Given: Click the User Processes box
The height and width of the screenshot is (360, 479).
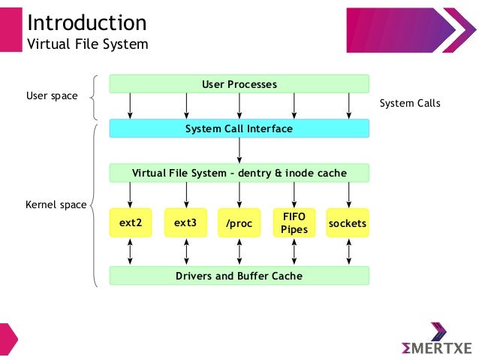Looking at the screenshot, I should [239, 84].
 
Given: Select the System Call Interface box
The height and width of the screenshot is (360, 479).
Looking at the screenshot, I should [239, 129].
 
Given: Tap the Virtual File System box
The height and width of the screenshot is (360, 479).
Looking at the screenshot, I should [239, 173].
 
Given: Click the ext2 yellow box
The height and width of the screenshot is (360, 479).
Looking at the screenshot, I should [131, 223].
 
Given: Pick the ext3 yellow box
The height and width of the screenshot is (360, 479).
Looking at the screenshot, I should [185, 223].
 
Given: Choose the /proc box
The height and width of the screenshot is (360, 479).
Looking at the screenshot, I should [239, 223].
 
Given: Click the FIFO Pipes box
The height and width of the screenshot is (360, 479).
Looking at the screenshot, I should [294, 223].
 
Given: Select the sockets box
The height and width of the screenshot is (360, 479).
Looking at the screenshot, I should [348, 223].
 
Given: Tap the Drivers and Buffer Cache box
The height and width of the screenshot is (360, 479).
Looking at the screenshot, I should [239, 276].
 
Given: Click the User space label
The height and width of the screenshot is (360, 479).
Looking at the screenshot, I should [52, 96].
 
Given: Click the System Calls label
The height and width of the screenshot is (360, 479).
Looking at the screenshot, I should [410, 104].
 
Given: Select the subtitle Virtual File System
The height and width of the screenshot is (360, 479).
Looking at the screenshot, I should [88, 44].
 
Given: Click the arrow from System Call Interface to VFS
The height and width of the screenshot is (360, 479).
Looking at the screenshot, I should [239, 150].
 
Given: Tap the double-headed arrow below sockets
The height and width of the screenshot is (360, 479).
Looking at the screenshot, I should [348, 252].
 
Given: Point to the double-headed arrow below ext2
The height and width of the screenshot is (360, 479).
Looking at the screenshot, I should [131, 252].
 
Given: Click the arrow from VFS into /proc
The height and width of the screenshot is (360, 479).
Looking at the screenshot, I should [239, 194].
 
